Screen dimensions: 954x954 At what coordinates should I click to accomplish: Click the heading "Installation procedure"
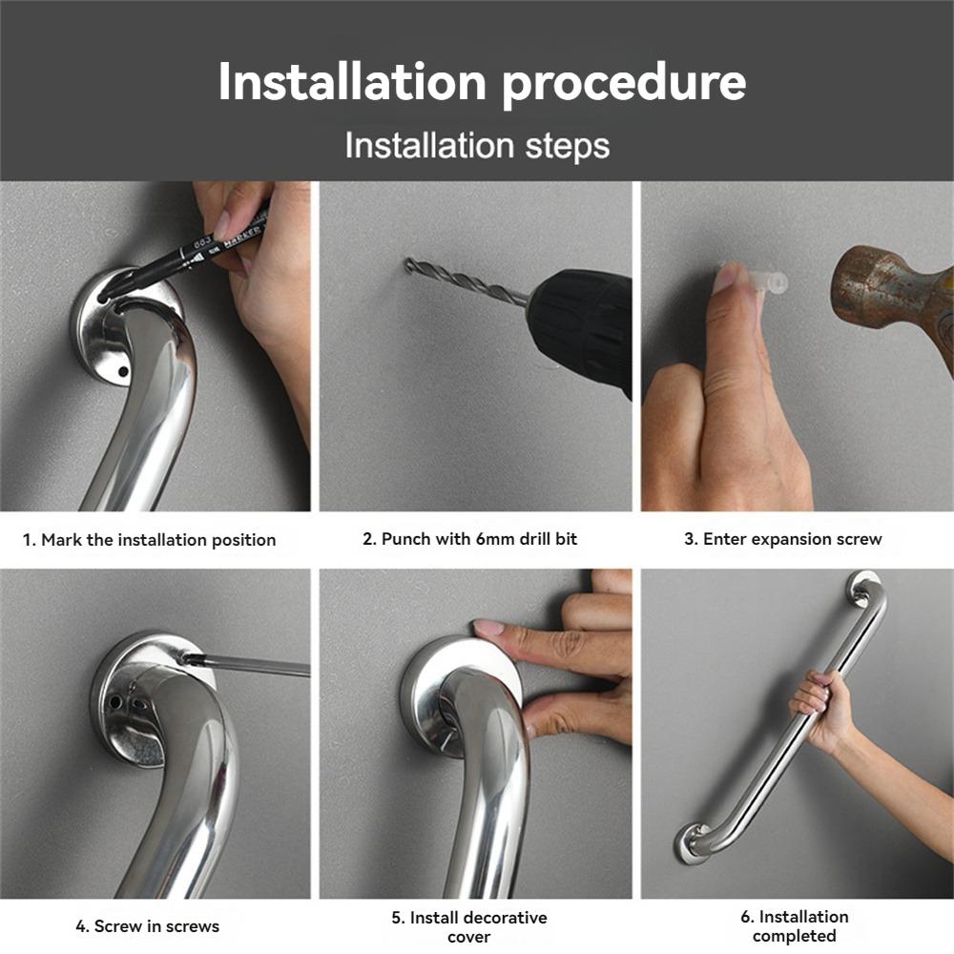point(482,82)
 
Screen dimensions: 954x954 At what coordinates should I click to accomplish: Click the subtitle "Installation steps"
point(477,146)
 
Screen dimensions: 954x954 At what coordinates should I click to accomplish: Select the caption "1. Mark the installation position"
point(149,540)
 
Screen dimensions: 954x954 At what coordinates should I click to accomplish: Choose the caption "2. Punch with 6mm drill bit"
point(469,539)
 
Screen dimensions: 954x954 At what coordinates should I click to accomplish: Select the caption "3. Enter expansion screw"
point(782,539)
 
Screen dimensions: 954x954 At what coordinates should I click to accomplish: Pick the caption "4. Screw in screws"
point(148,926)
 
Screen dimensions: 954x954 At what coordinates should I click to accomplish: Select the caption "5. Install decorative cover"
point(469,926)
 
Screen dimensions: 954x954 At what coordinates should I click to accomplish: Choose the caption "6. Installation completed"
point(794,926)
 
